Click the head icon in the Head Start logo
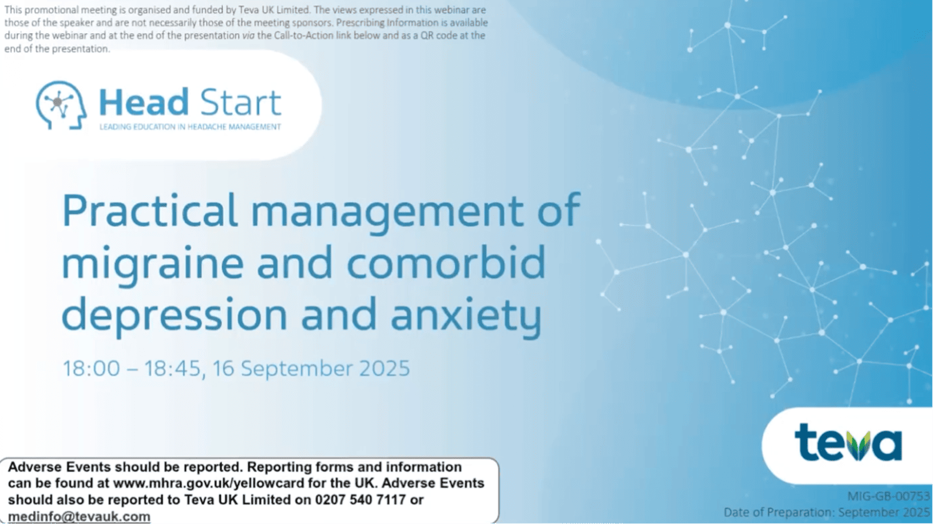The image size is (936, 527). click(x=61, y=105)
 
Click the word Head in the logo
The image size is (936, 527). click(x=144, y=102)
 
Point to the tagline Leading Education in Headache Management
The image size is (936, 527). click(x=190, y=127)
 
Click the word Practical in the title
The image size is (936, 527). click(x=149, y=211)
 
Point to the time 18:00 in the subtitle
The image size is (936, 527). click(x=91, y=368)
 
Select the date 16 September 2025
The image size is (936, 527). click(x=311, y=368)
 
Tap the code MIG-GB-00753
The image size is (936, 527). click(x=888, y=496)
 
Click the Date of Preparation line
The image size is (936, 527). click(x=826, y=512)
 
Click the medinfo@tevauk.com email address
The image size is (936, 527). click(x=79, y=516)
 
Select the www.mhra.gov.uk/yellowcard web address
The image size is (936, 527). click(x=208, y=484)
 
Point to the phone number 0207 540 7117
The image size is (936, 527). click(x=360, y=500)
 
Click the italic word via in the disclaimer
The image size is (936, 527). click(x=248, y=35)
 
